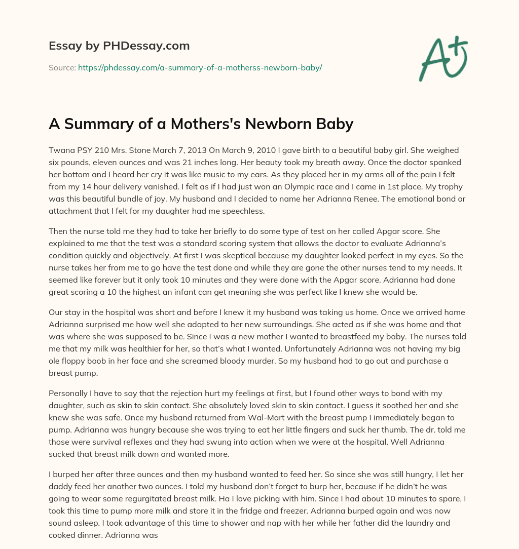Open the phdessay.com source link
[x=200, y=67]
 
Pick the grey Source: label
[x=62, y=67]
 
